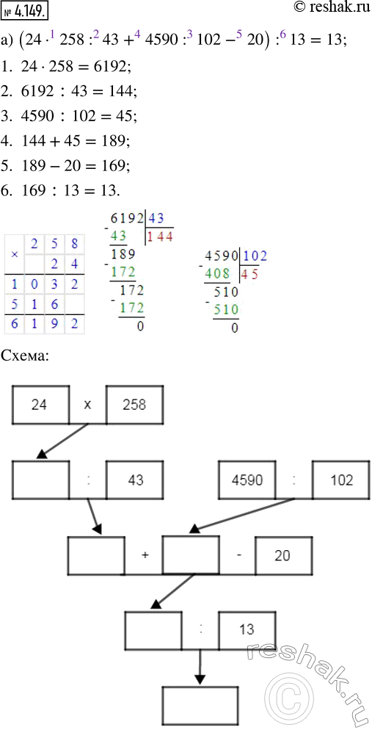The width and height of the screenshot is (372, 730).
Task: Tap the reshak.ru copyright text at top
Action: click(332, 10)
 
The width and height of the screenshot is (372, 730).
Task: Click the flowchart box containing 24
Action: click(41, 405)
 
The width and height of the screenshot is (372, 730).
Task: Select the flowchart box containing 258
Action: click(135, 405)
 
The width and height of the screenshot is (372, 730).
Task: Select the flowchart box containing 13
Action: click(247, 630)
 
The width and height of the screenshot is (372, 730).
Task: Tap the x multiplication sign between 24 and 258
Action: click(88, 405)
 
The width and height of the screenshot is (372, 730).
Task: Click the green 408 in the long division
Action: click(218, 275)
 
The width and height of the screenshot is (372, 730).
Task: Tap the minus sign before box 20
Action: click(238, 556)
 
